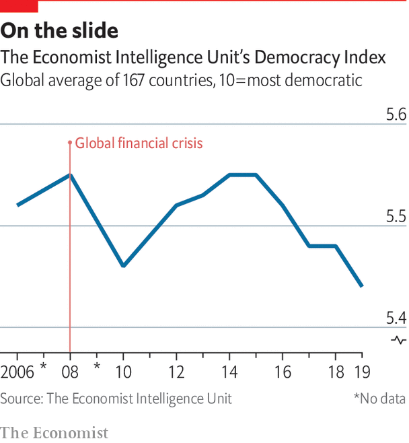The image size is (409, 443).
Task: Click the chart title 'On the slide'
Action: coord(59,30)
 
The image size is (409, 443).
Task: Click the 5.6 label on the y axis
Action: coord(396,114)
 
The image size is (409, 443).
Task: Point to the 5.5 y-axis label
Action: coord(396,216)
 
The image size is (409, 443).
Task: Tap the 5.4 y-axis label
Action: coord(396,318)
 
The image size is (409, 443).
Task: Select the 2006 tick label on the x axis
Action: coord(17,372)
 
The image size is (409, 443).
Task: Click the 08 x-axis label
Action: coord(70,372)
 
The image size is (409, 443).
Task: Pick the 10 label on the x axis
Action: coord(123,372)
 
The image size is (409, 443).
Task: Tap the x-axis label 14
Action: coord(229,372)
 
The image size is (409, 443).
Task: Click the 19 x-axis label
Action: coord(362,372)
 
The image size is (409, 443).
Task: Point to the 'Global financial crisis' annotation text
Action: coord(139,143)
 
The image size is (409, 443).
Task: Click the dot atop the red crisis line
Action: coord(70,143)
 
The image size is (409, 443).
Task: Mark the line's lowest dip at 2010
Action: coord(123,265)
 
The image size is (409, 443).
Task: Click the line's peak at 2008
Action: coord(70,175)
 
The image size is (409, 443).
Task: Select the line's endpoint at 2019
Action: coord(362,286)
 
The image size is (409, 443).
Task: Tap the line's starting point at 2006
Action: coord(17,205)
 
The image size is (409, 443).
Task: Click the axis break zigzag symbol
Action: coord(398,340)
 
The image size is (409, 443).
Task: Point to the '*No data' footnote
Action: coord(379,399)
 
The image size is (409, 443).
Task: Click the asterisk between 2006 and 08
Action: coord(44,366)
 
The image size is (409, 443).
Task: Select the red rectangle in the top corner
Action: coord(19,6)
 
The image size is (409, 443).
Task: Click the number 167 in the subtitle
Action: coord(133,80)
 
